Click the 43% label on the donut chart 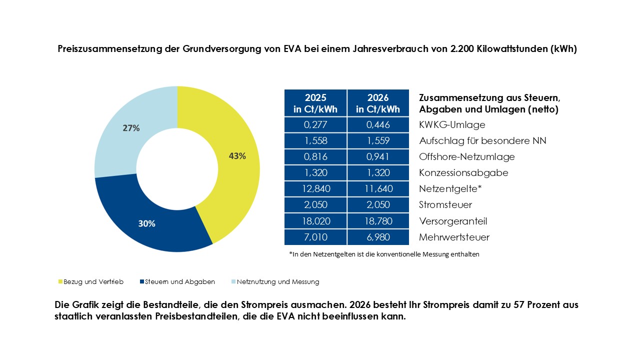(237, 155)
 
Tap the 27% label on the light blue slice (131, 128)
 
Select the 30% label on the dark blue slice (146, 223)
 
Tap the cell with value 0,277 (315, 124)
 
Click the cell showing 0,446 (378, 124)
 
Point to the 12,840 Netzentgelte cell (315, 188)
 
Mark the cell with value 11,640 (378, 188)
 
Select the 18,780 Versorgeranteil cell (378, 221)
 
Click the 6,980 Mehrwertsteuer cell (378, 237)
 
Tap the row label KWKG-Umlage (452, 124)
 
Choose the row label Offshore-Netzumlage (467, 156)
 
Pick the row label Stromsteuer (445, 204)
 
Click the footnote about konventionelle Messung (384, 254)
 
